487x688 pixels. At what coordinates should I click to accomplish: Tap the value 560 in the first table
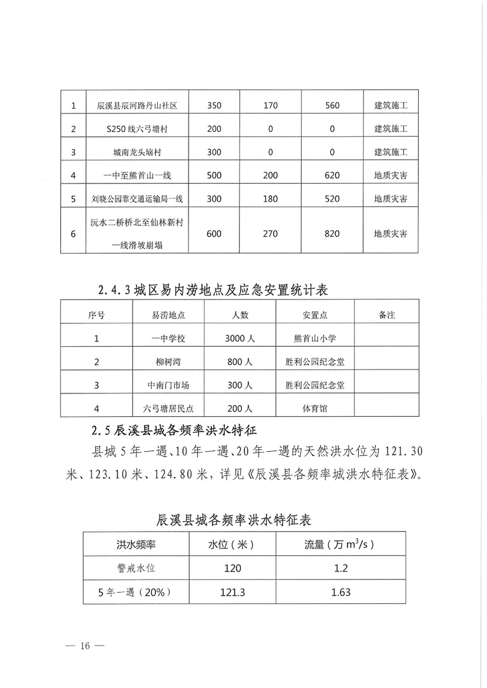(332, 106)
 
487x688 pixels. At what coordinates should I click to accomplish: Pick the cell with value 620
(332, 176)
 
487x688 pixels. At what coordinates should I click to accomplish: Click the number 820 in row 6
(332, 234)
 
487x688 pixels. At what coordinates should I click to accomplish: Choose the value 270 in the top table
(270, 234)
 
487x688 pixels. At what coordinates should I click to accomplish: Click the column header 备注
(387, 315)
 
